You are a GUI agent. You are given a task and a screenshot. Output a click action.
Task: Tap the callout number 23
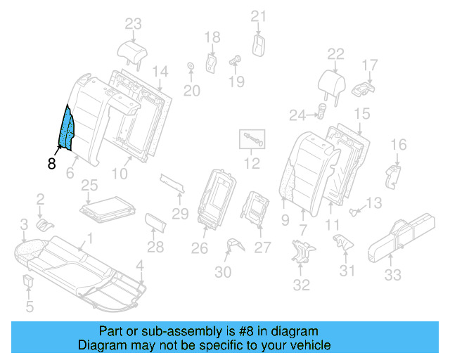(x=134, y=24)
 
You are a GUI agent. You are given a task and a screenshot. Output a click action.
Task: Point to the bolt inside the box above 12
(x=252, y=139)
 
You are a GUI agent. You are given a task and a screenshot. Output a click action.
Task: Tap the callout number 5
(x=29, y=306)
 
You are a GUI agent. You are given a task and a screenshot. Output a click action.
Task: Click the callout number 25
(x=89, y=186)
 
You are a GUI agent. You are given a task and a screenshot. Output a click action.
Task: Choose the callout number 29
(x=181, y=213)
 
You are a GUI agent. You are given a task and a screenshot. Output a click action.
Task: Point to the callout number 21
(x=259, y=16)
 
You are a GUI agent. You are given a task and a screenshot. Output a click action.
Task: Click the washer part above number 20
(x=191, y=67)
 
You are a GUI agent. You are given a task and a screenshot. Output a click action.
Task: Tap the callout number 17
(x=371, y=65)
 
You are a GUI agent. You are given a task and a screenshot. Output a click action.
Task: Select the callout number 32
(x=301, y=285)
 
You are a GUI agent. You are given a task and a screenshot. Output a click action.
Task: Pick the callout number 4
(x=140, y=265)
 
